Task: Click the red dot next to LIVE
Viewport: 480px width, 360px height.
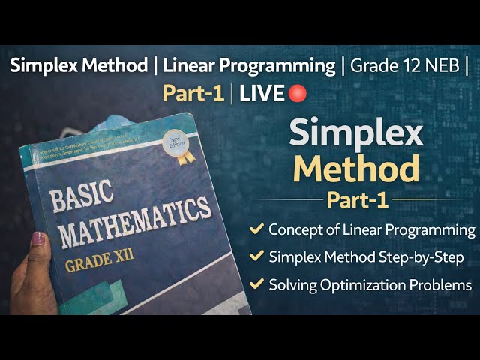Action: click(x=298, y=93)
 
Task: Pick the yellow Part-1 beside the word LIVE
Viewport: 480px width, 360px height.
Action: click(x=194, y=94)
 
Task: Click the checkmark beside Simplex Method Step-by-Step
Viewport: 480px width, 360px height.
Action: click(x=256, y=256)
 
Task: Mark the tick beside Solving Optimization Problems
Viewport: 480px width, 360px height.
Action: click(x=256, y=284)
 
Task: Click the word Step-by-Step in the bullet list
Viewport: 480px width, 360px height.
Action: click(x=425, y=257)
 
